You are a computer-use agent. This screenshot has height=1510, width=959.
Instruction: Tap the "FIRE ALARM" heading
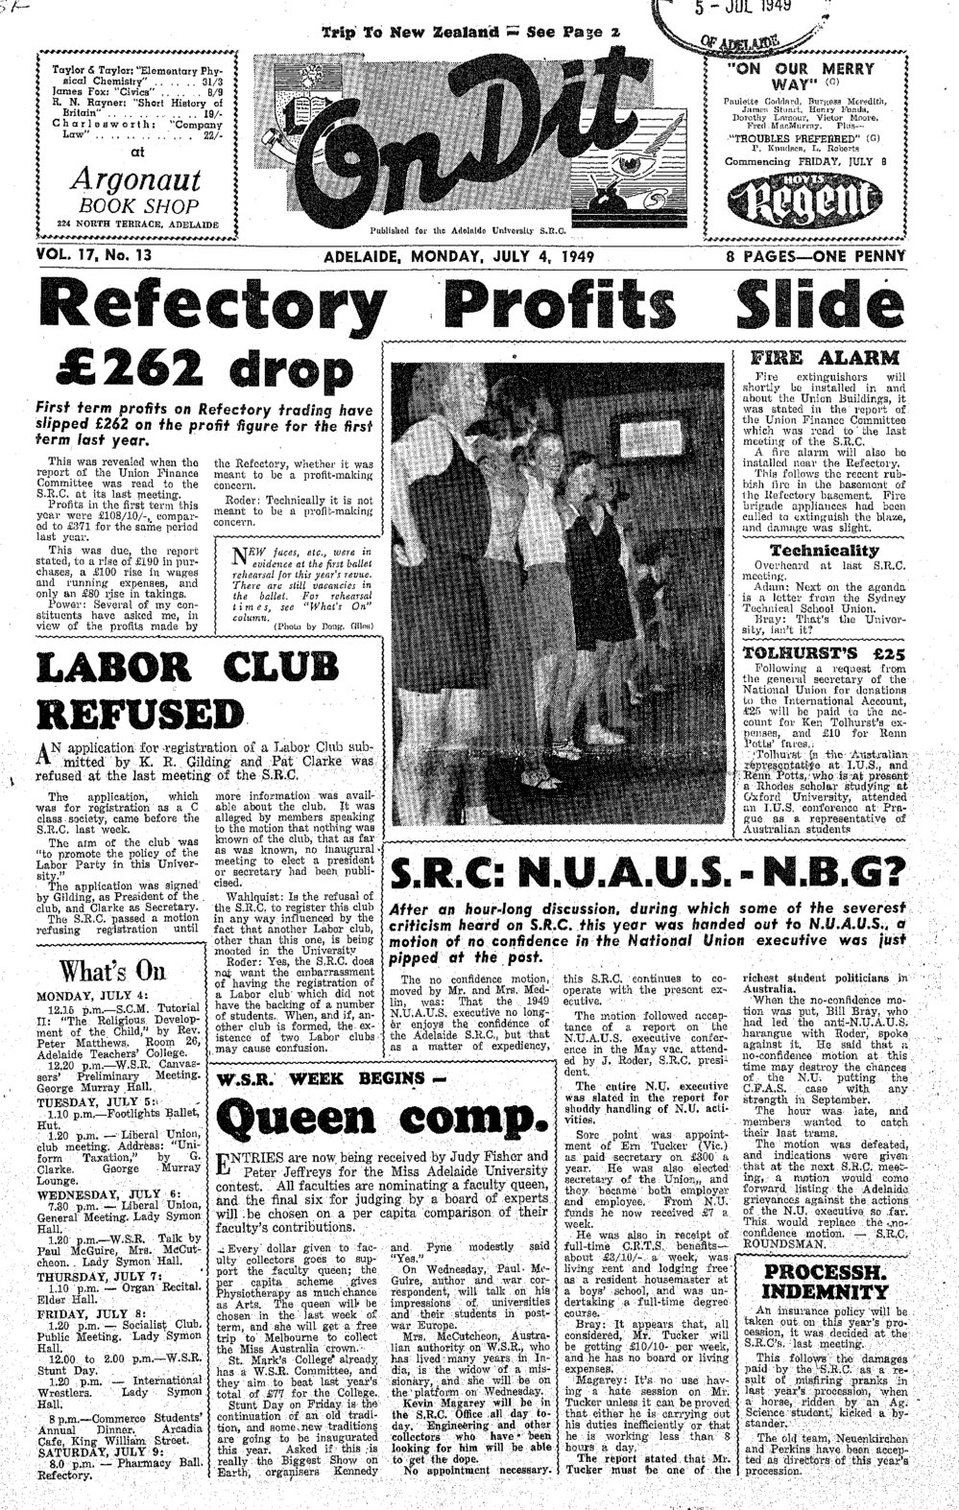[825, 357]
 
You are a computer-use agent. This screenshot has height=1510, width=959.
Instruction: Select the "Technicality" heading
[824, 551]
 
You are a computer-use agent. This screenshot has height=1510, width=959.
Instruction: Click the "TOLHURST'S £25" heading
[824, 654]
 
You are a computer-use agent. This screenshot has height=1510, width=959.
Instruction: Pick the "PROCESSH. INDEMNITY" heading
[824, 1281]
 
